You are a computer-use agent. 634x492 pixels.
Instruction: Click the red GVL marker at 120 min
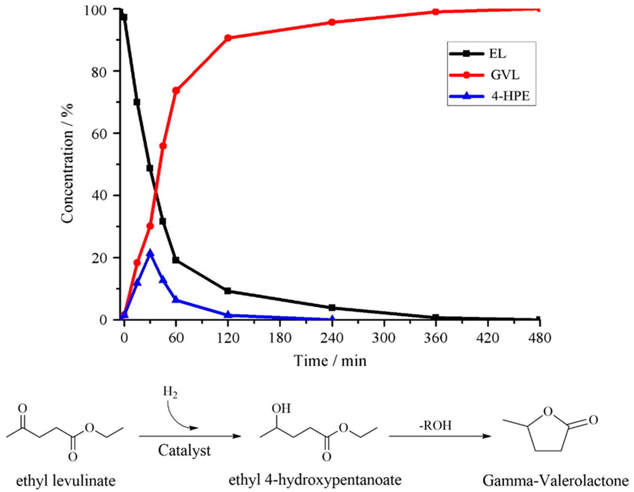(x=228, y=38)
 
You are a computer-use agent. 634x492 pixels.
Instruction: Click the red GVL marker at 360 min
(x=435, y=12)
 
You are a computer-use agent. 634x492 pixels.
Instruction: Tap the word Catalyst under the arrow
(x=184, y=451)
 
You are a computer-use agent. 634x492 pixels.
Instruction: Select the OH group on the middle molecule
(x=281, y=409)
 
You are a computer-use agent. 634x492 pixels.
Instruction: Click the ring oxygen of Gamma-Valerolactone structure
(x=547, y=411)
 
